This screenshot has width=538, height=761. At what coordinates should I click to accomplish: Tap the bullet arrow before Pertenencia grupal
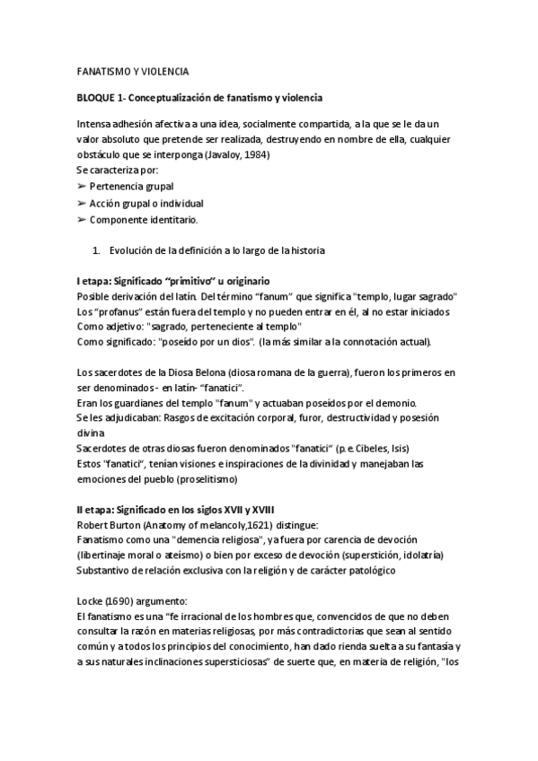[82, 186]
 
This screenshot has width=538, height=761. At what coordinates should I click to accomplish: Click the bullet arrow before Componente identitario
[82, 219]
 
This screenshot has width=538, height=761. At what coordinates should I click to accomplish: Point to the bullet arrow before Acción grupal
[82, 203]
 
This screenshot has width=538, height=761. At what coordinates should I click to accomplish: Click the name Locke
[91, 603]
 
